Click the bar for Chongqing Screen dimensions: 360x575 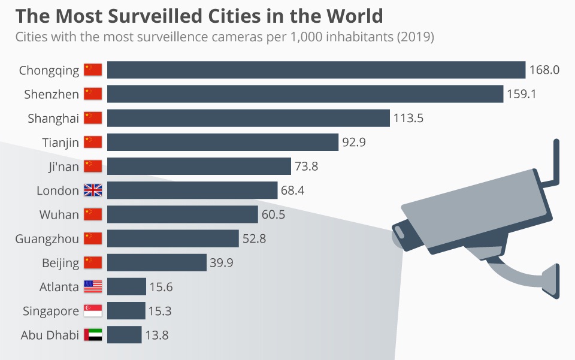click(x=316, y=70)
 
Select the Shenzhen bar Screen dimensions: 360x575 click(x=305, y=94)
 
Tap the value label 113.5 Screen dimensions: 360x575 click(x=408, y=118)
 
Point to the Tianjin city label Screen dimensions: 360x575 click(x=60, y=143)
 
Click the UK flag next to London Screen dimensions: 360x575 click(x=93, y=190)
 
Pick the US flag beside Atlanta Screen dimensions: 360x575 click(x=93, y=287)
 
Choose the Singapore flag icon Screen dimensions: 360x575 click(x=93, y=311)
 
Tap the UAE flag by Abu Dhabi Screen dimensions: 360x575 click(x=93, y=335)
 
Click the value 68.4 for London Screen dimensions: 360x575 click(x=293, y=190)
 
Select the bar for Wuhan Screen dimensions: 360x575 click(x=182, y=214)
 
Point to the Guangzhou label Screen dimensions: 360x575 click(x=47, y=239)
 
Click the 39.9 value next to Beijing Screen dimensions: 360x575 click(x=222, y=263)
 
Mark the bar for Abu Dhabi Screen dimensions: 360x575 click(x=124, y=335)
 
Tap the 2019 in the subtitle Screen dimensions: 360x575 click(x=414, y=37)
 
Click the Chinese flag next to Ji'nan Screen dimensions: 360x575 click(x=93, y=167)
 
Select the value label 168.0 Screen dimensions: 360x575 click(x=544, y=70)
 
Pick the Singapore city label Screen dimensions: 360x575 click(x=51, y=311)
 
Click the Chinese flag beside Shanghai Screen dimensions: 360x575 click(x=93, y=118)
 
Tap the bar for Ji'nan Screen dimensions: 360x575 click(x=199, y=167)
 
